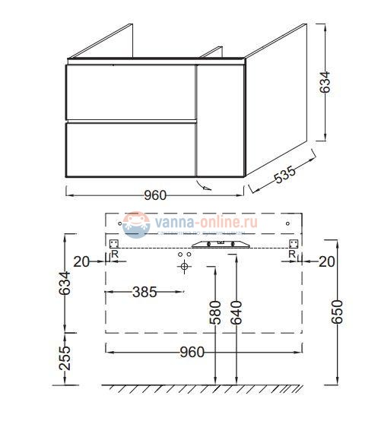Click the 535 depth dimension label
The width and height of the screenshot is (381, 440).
pos(283,176)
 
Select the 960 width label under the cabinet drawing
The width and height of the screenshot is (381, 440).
pos(155,195)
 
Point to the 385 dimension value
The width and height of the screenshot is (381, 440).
pos(144,292)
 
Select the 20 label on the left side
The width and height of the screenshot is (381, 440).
pos(81,261)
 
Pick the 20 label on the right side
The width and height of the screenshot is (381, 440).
pos(326,261)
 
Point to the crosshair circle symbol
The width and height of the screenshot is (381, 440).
pos(183,268)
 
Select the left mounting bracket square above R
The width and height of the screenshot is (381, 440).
pos(115,242)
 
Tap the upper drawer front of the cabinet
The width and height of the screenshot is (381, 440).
pos(131,92)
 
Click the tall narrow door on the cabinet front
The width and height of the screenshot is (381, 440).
pos(221,121)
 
